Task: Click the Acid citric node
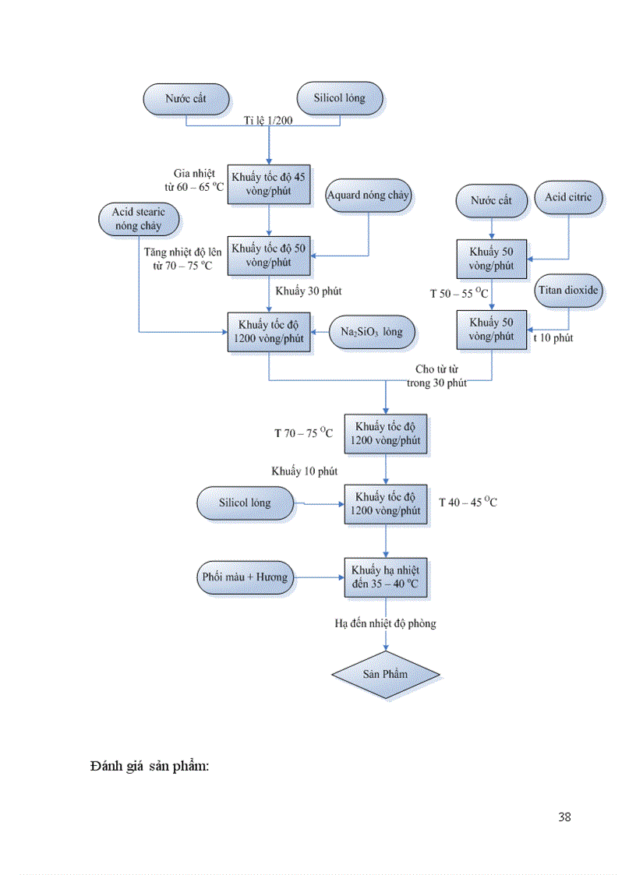tap(568, 198)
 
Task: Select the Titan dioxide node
tap(568, 291)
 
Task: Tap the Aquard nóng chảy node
tap(369, 195)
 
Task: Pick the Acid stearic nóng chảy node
tap(140, 218)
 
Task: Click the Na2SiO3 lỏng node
tap(372, 331)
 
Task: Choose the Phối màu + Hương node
tap(244, 577)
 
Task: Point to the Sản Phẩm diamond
tap(386, 673)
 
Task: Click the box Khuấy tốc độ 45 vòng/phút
tap(269, 184)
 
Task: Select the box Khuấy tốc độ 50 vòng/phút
tap(269, 255)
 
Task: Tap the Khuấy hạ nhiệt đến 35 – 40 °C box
tap(387, 577)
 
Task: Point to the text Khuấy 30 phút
tap(309, 291)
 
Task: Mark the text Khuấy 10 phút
tap(305, 471)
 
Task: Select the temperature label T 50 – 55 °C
tap(459, 294)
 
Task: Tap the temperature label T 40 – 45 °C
tap(468, 503)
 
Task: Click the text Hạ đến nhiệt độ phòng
tap(386, 623)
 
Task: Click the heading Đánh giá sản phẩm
tap(150, 766)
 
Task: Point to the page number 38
tap(564, 817)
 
